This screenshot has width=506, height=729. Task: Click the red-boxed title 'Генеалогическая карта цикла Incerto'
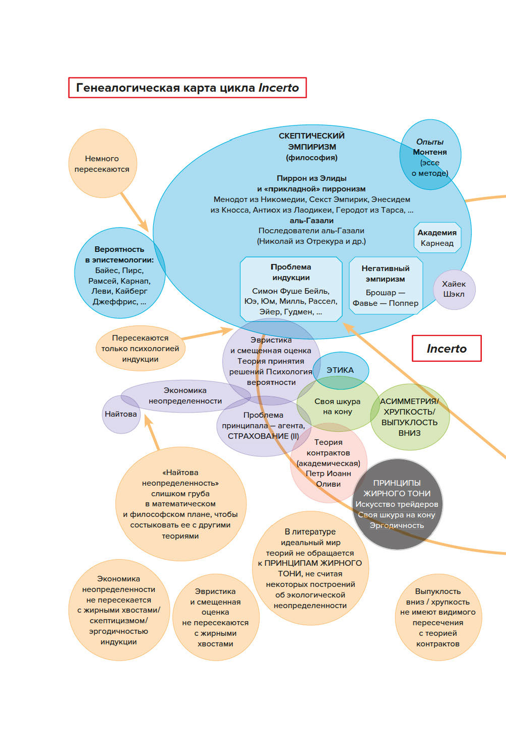coord(187,88)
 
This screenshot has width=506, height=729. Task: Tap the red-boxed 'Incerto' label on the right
coord(446,349)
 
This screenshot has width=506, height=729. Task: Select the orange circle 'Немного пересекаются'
coord(102,163)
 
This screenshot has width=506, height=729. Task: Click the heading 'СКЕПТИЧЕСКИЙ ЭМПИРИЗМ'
coord(312,141)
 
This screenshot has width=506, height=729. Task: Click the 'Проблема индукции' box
coord(291,289)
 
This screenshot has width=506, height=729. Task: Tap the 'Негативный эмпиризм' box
coord(386,285)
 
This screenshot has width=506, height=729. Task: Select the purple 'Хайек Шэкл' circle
coord(454,289)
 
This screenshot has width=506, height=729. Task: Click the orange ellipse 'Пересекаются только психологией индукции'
coord(140,349)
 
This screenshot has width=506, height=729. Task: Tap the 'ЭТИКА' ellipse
coord(340,370)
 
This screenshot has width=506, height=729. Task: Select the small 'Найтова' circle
coord(121,414)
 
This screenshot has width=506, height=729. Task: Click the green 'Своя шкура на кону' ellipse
coord(338,406)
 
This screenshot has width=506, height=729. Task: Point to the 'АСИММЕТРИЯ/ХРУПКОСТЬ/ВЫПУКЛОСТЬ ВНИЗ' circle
coord(409,417)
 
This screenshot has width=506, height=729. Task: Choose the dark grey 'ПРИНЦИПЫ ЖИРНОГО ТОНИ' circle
coord(397,504)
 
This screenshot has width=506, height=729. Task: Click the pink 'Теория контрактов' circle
coord(328,463)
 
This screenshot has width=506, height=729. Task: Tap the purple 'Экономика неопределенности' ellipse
coord(185,396)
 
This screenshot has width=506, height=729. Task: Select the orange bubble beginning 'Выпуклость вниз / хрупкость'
coord(438,617)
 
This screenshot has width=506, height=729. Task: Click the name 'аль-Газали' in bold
coord(312,221)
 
